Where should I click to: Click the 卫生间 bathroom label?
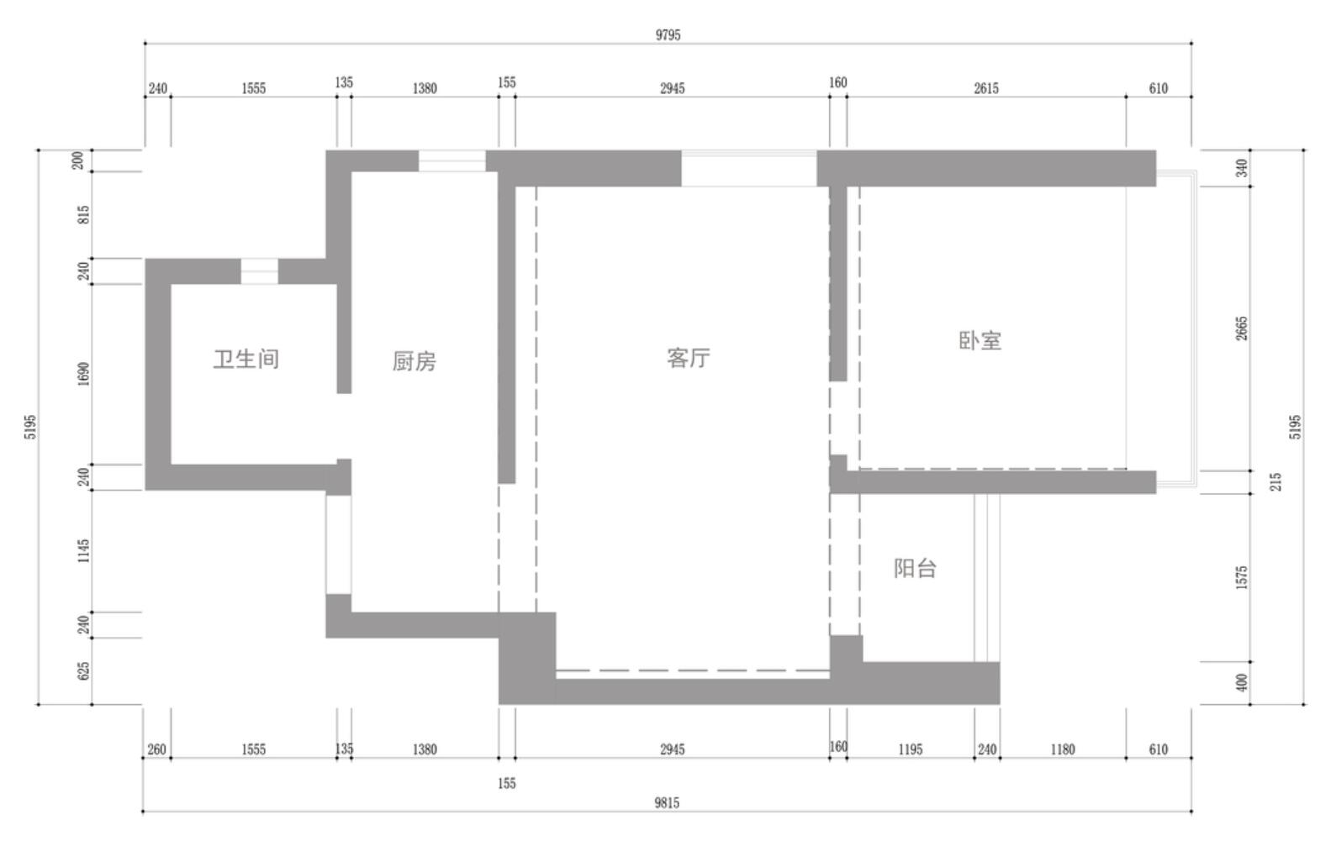click(246, 360)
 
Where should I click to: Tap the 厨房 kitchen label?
click(415, 361)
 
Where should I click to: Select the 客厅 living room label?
click(688, 358)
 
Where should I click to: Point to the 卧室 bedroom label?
click(980, 341)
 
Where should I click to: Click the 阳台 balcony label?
click(915, 569)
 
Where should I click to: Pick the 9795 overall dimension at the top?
click(668, 35)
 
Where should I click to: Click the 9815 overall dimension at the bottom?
click(667, 803)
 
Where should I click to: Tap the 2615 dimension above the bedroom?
click(986, 88)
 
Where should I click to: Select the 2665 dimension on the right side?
click(1242, 329)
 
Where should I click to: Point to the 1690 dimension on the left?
click(84, 374)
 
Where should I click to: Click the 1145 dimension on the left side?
click(84, 550)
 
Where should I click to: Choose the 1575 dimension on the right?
click(1242, 578)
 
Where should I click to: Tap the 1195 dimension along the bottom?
click(911, 749)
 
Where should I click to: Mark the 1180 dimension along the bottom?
click(1063, 749)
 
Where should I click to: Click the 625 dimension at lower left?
click(84, 671)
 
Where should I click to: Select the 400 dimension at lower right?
click(1242, 682)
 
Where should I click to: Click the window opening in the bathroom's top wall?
click(259, 271)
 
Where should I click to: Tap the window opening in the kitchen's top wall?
click(452, 161)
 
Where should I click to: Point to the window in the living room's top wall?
click(748, 169)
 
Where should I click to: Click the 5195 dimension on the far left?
click(30, 427)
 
